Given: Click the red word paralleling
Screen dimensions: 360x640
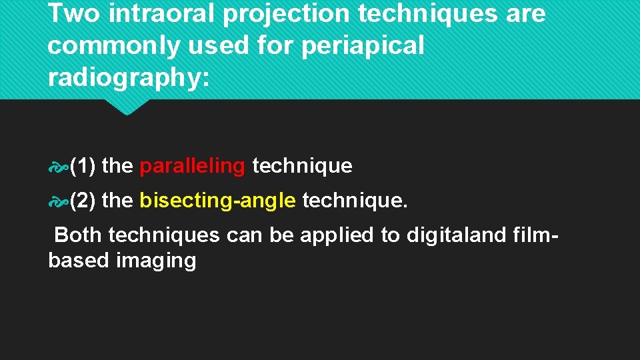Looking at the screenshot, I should (x=193, y=166).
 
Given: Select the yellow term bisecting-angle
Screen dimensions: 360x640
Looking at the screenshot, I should (x=218, y=200).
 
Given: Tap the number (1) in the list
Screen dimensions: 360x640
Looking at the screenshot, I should (x=85, y=166).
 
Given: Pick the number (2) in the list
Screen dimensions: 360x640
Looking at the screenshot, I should (x=85, y=200).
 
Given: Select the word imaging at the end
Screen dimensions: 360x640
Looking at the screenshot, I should (x=156, y=261).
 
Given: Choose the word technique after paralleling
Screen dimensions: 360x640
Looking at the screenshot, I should (x=302, y=166).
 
